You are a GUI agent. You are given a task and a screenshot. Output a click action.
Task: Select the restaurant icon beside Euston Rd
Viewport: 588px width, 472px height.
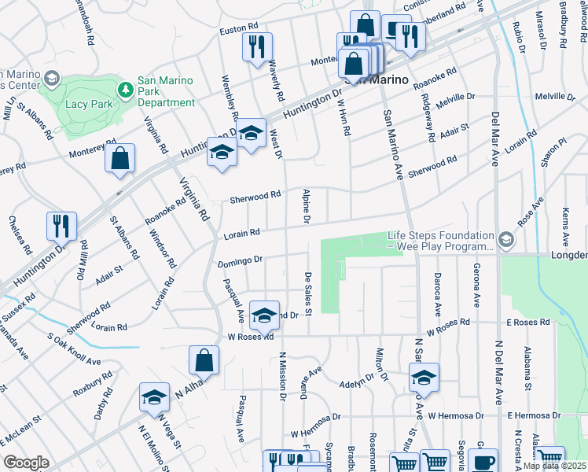tap(257, 48)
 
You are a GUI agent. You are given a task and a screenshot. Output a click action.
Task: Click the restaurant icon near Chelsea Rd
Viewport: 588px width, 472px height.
tap(61, 227)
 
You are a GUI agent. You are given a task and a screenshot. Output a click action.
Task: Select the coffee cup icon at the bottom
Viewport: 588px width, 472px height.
tap(484, 461)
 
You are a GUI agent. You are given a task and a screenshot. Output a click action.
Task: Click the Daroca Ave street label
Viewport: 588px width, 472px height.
tap(436, 289)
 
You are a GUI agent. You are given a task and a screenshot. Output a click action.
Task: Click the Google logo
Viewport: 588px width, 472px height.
tap(26, 463)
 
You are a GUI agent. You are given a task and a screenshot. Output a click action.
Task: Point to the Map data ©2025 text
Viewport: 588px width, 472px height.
tap(554, 466)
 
